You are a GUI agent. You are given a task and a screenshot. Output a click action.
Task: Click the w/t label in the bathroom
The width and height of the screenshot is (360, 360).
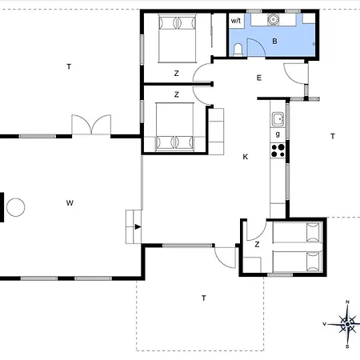(236, 21)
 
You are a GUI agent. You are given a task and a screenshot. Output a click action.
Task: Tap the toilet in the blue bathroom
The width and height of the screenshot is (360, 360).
(238, 50)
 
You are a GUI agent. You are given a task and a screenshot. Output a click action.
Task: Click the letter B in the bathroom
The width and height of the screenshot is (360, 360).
(274, 42)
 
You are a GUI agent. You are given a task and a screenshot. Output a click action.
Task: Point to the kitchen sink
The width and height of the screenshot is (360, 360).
(278, 119)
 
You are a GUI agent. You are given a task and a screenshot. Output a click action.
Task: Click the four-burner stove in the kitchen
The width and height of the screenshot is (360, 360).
(278, 150)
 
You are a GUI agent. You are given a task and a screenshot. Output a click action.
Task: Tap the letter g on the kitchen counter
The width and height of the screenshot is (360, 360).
(278, 134)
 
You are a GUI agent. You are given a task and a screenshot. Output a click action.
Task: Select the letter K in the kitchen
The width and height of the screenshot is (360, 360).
(246, 157)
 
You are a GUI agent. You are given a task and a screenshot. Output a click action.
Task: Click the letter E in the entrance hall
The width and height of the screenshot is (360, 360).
(259, 78)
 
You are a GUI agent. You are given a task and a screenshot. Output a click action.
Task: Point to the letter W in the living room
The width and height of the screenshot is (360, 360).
(70, 203)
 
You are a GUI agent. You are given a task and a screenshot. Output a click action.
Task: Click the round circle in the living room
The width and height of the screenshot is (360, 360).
(16, 207)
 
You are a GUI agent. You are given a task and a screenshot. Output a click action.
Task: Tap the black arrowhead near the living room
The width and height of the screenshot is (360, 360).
(138, 227)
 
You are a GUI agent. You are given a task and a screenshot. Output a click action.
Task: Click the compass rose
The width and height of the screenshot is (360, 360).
(347, 324)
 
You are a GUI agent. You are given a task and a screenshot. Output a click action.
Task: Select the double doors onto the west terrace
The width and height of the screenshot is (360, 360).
(91, 125)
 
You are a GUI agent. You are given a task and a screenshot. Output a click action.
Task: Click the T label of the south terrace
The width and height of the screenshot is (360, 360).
(204, 298)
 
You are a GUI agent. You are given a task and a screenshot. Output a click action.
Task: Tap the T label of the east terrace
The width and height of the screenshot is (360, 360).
(333, 136)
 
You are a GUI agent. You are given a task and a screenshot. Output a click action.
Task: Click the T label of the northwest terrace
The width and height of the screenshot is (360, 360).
(69, 66)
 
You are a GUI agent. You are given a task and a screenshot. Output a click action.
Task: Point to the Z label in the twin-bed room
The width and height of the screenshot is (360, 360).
(257, 244)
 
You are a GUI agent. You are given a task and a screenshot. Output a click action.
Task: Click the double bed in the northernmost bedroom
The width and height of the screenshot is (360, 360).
(178, 38)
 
